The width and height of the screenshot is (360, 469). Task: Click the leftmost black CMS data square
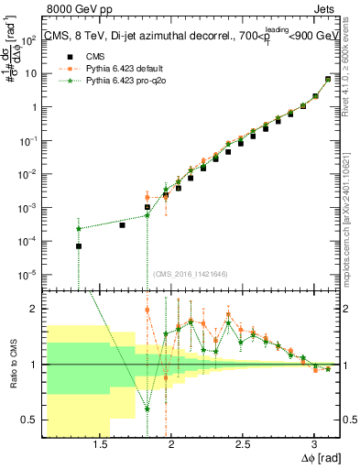79,245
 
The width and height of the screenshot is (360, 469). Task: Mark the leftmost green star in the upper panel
79,228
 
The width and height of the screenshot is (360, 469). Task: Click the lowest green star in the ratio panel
147,409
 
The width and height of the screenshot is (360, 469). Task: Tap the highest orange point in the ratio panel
147,310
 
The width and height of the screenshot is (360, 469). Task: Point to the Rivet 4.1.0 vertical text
352,82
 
